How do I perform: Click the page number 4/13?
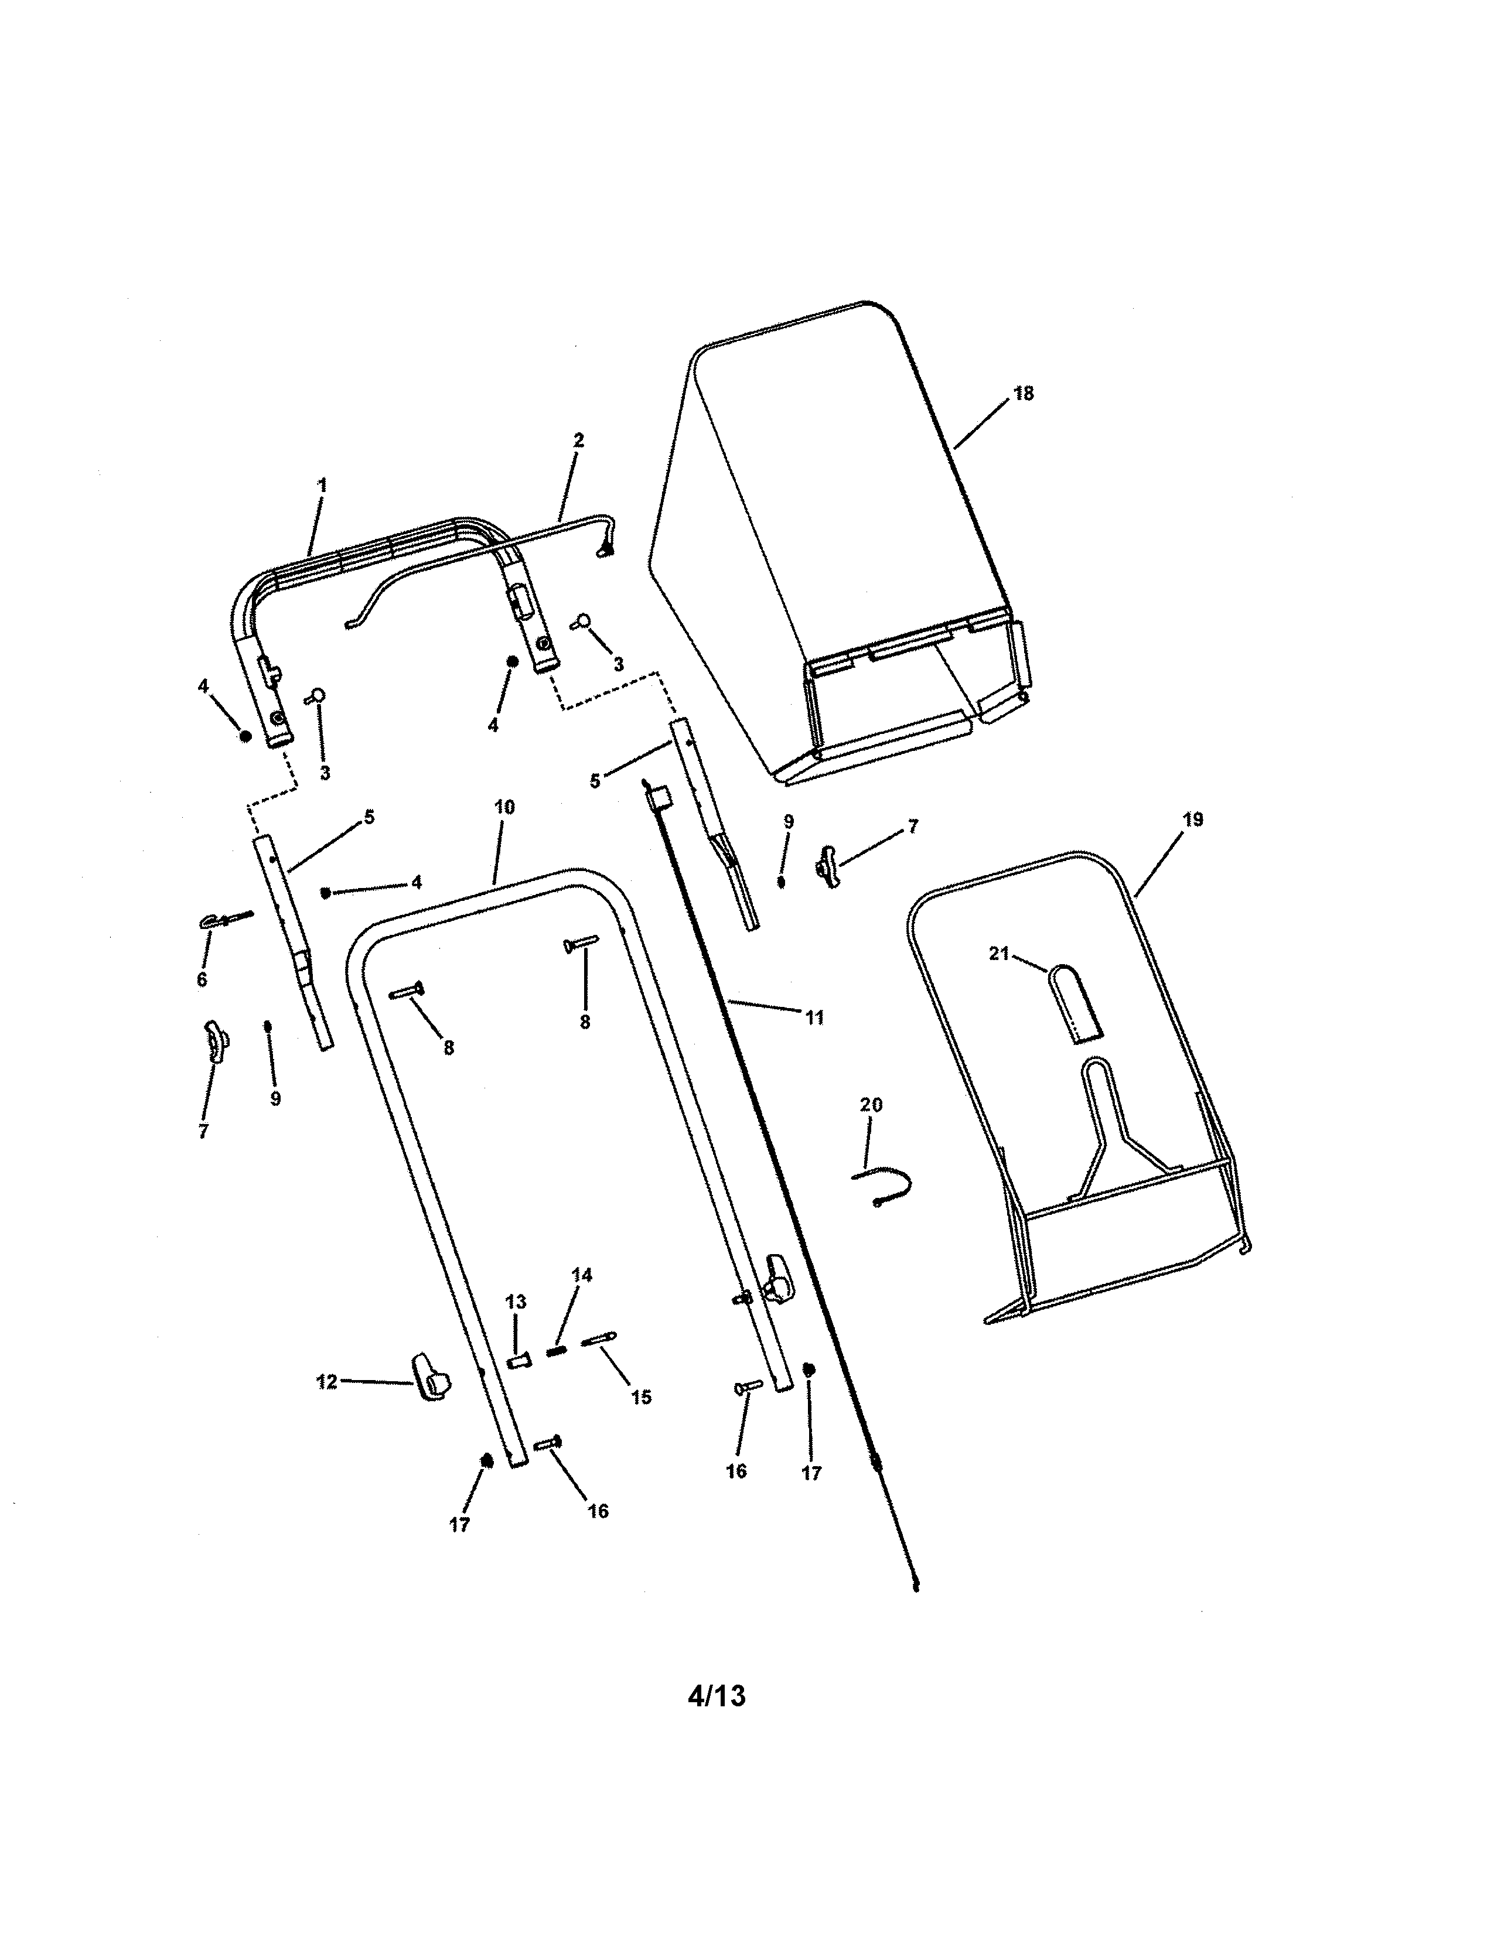click(x=716, y=1695)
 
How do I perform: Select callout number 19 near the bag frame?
click(x=1192, y=819)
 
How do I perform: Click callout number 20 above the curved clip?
click(x=871, y=1105)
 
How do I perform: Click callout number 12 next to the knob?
click(x=326, y=1382)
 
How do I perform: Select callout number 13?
click(x=515, y=1302)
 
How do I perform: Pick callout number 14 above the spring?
click(x=582, y=1275)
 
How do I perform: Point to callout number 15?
click(x=641, y=1396)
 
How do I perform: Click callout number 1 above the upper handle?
click(x=322, y=485)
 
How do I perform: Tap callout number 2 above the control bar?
click(x=579, y=440)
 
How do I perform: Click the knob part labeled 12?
click(x=429, y=1384)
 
